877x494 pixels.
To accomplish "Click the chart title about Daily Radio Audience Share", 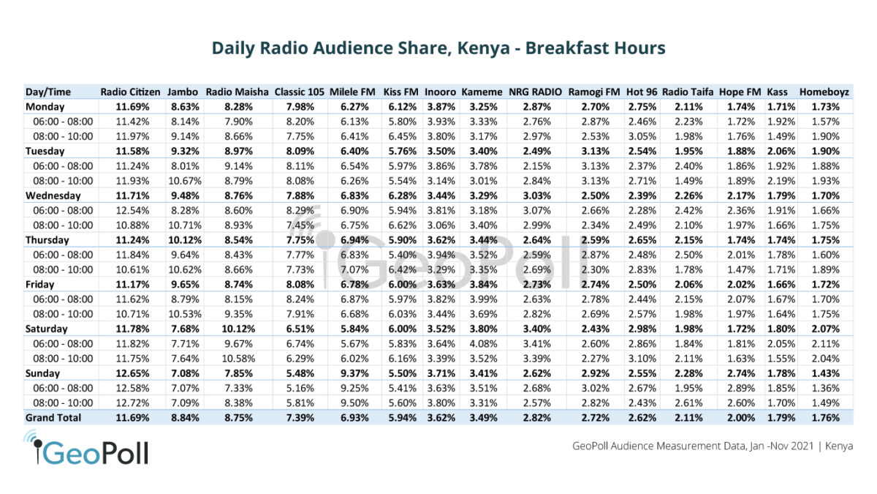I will coord(438,48).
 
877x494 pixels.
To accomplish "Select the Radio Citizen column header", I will coord(129,92).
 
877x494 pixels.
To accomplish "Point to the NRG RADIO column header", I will coord(535,92).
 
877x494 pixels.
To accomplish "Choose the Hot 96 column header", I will coord(642,92).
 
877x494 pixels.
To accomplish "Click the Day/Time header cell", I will coord(48,92).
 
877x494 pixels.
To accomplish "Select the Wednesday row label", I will coord(53,195).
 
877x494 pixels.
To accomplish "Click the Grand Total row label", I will coord(53,417).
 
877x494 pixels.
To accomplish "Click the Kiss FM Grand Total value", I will coord(400,417).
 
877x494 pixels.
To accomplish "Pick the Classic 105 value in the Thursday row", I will coord(299,240).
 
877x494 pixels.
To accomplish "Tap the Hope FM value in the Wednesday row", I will coord(740,195).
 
